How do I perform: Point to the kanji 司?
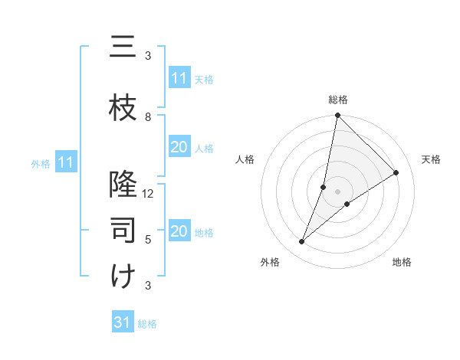123,231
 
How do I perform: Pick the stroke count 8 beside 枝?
148,117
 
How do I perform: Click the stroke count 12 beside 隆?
148,194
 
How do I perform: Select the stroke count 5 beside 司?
148,240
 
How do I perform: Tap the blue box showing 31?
123,322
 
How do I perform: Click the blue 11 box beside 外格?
67,162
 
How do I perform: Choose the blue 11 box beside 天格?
179,78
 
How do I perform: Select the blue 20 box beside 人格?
179,147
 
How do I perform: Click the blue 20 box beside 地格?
179,231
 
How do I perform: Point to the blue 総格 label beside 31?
147,324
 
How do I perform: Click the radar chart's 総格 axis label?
338,100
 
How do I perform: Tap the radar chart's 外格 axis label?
270,262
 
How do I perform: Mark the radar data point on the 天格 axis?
396,173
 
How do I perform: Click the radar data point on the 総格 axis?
337,116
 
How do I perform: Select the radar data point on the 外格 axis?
302,242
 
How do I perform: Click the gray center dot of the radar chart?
337,191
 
